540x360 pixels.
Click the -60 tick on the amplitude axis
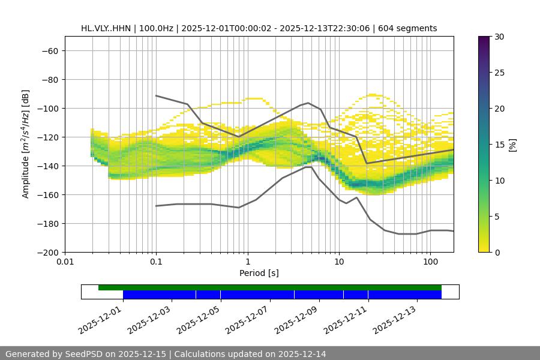[x=49, y=50]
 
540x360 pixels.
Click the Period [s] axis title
[x=259, y=274]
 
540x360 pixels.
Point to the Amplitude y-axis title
[x=26, y=144]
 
